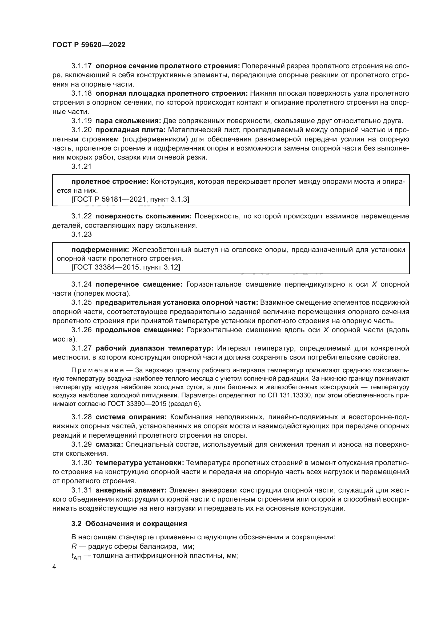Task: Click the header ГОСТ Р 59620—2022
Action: point(89,45)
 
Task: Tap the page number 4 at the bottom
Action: point(54,567)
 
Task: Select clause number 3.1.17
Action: point(81,66)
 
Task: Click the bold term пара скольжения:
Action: point(129,121)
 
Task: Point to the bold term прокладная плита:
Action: point(131,130)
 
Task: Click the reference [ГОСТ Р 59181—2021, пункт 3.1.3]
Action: point(130,199)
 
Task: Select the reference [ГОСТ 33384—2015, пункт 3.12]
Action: point(126,267)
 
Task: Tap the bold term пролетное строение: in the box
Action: point(110,182)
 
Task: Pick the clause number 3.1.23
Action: point(81,234)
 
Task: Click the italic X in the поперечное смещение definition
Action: point(374,284)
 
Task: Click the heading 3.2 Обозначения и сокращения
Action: point(129,524)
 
